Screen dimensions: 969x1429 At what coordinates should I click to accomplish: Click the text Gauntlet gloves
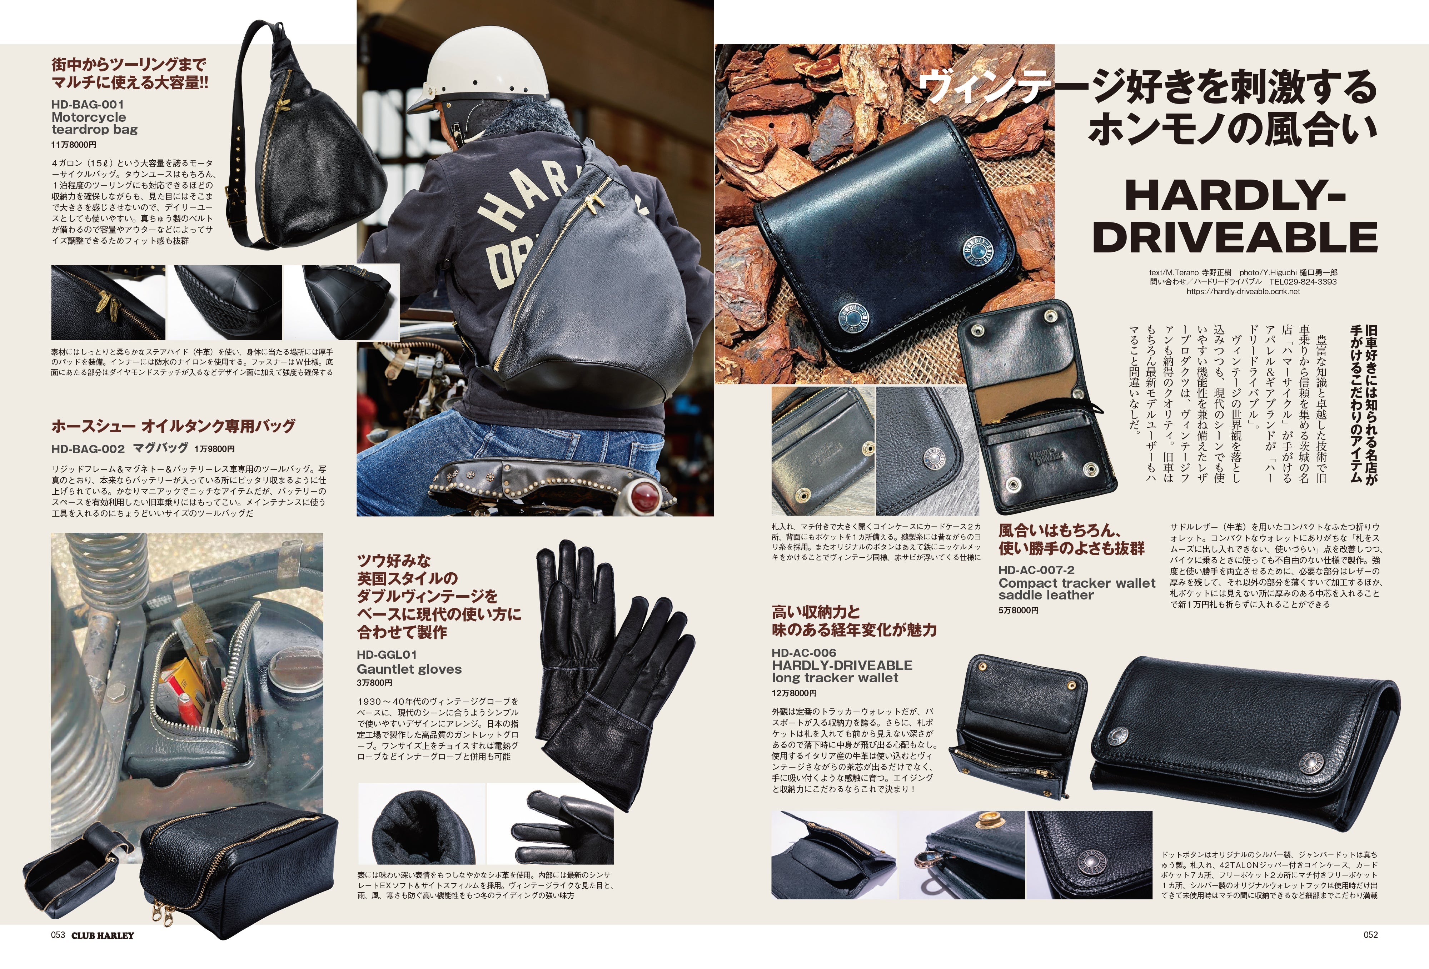tap(409, 669)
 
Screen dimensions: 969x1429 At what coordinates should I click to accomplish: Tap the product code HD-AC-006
tap(804, 653)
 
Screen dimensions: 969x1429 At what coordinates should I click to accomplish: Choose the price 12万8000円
tap(795, 693)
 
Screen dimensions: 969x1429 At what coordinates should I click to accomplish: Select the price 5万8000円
tap(1018, 610)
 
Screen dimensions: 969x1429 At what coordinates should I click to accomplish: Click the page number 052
tap(1370, 935)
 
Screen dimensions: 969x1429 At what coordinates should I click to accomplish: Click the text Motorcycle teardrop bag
tap(94, 123)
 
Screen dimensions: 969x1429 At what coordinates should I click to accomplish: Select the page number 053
tap(58, 935)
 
